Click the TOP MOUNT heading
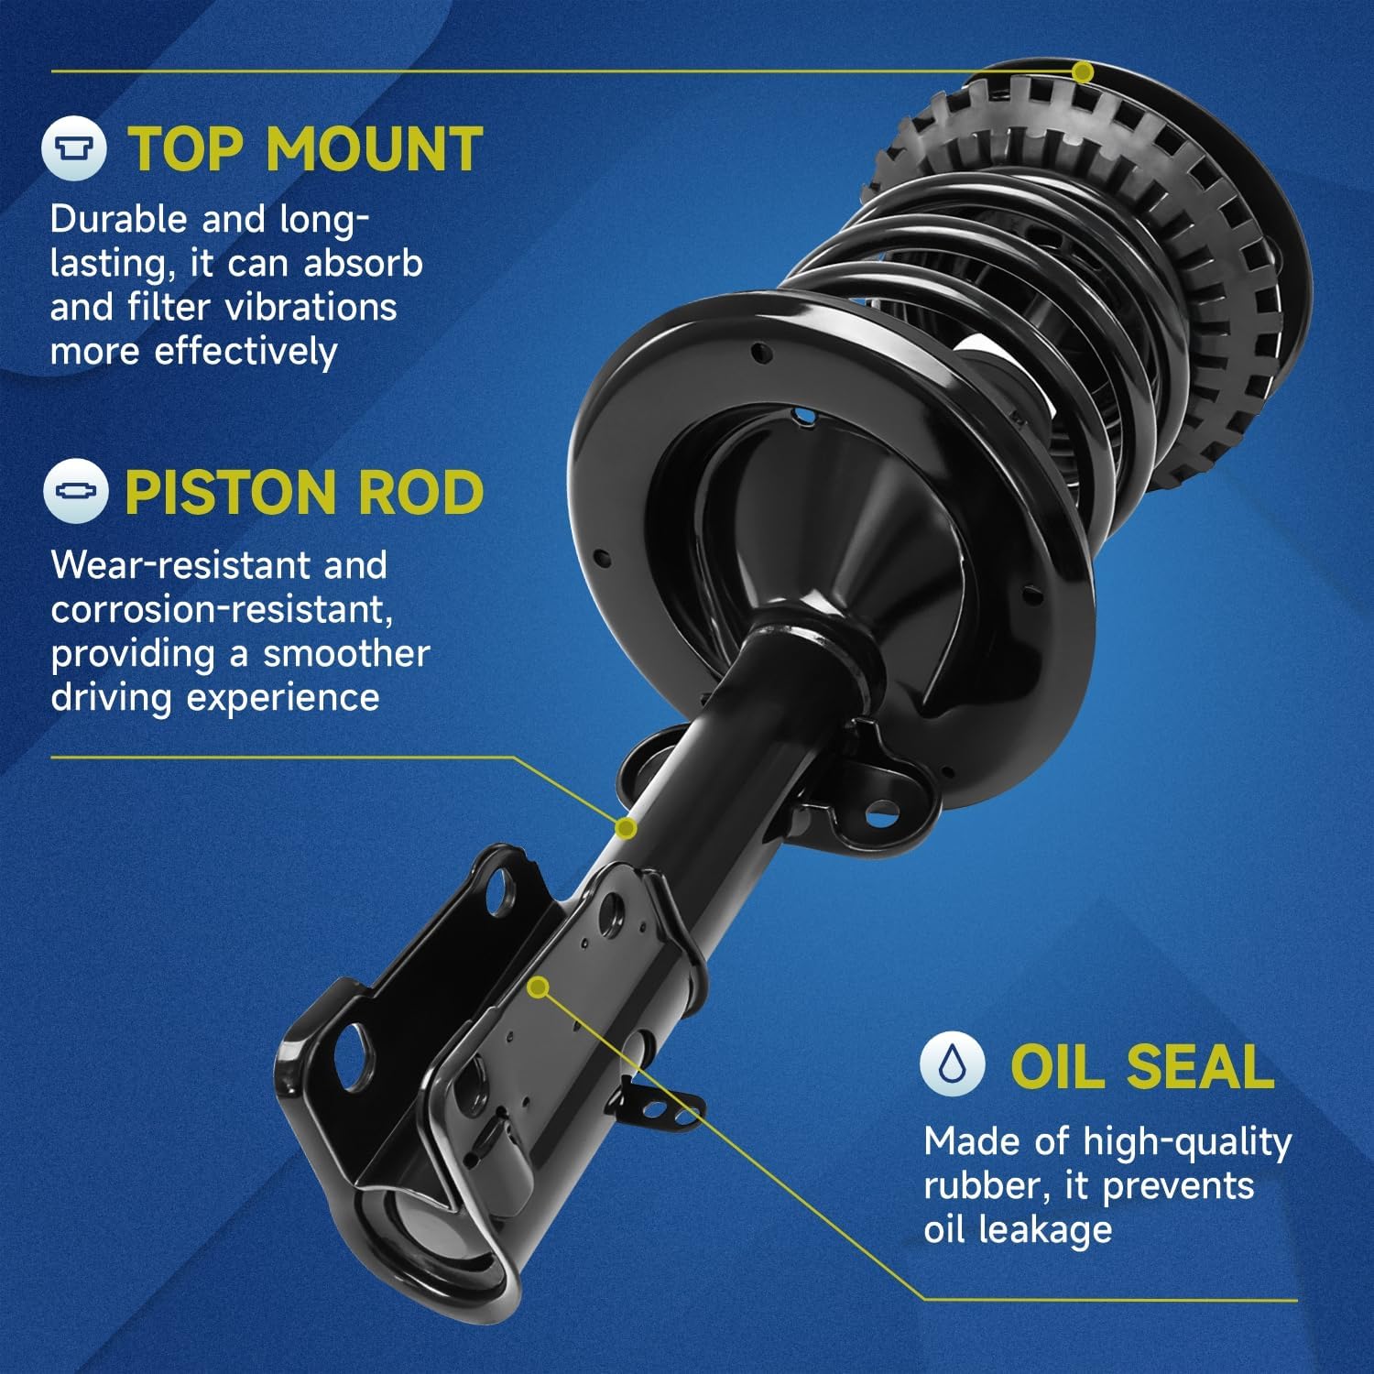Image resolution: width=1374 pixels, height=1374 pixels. pos(305,149)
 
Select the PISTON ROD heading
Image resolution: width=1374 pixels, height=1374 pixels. pos(303,494)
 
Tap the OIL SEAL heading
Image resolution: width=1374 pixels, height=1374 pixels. pos(1141,1067)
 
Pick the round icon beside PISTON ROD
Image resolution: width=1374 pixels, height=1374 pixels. pos(75,492)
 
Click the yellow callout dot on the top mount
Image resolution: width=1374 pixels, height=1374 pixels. pos(1083,71)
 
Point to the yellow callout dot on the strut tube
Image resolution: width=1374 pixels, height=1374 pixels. pos(626,828)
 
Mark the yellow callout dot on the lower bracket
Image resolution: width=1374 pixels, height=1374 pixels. pos(540,987)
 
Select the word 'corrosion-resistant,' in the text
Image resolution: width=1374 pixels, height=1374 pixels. pos(223,610)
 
